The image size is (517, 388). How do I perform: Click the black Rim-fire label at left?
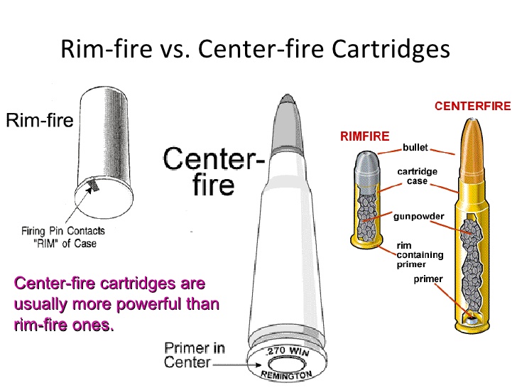click(x=39, y=120)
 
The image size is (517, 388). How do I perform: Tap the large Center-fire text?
click(x=213, y=171)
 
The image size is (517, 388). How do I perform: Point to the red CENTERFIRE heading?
click(x=472, y=107)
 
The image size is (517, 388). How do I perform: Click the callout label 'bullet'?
click(x=415, y=148)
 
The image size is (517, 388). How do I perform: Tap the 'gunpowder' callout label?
click(x=418, y=215)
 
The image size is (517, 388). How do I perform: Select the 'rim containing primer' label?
click(x=418, y=255)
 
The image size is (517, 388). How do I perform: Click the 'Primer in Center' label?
click(x=194, y=355)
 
